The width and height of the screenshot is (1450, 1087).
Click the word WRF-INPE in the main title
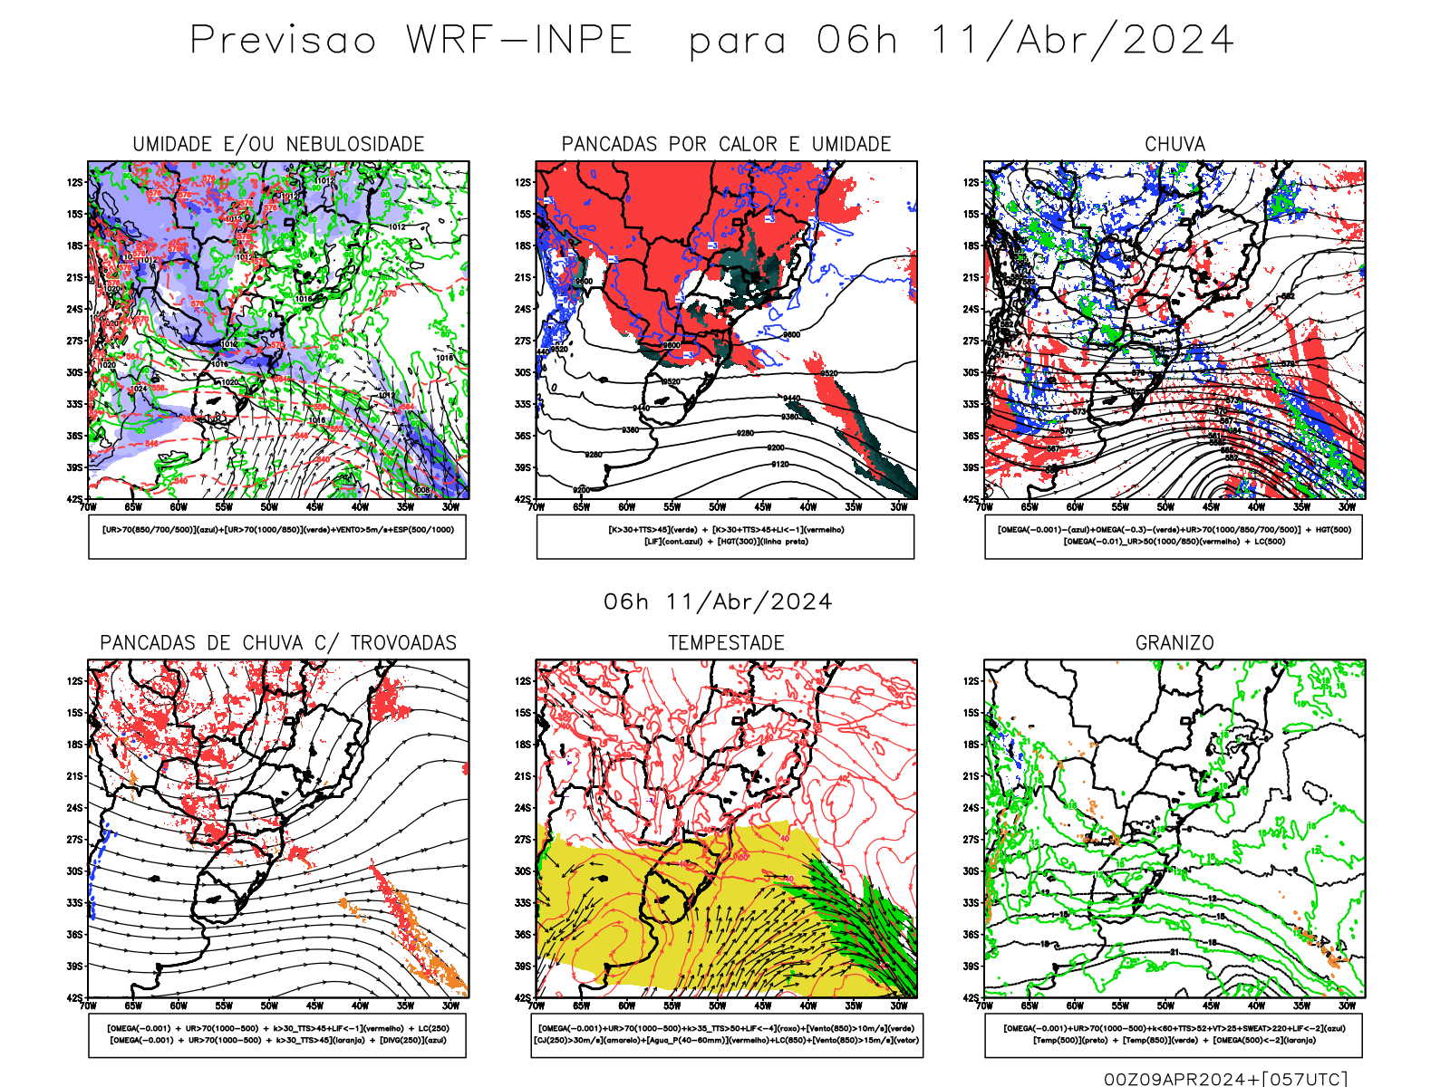(x=519, y=41)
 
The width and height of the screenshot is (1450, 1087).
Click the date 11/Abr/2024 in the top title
(x=1082, y=41)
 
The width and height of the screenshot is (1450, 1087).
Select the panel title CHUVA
(x=1174, y=144)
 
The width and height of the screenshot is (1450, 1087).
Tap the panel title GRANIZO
(x=1174, y=643)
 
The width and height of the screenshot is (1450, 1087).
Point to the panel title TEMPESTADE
(x=726, y=643)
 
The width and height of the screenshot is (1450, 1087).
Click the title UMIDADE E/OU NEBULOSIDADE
(x=278, y=144)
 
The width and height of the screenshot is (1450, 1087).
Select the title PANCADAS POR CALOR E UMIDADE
(x=726, y=144)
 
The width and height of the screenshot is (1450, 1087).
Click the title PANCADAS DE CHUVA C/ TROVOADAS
(x=278, y=643)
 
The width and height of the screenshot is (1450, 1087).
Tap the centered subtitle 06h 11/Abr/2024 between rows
(x=718, y=602)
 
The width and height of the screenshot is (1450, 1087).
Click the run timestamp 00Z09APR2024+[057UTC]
(x=1225, y=1079)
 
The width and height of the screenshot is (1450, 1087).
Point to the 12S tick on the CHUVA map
(x=971, y=182)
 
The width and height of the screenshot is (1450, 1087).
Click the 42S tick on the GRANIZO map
(x=971, y=998)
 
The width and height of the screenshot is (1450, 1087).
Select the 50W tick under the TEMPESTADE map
(x=718, y=1005)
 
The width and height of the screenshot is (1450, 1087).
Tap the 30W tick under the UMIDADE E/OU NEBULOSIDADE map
(x=450, y=507)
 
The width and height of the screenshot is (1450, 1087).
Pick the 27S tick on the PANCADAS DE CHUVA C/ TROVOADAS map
(x=74, y=840)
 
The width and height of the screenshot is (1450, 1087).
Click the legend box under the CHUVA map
(x=1174, y=536)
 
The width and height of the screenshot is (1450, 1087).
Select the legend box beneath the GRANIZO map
(x=1174, y=1034)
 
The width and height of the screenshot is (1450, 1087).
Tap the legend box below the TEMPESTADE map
(x=726, y=1034)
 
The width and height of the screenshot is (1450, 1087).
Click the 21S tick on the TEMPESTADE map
(x=523, y=776)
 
